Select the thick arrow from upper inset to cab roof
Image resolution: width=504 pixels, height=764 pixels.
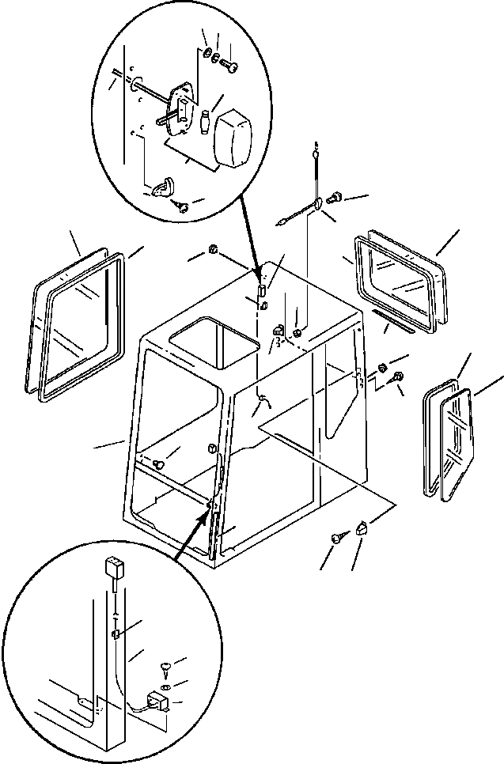pyautogui.click(x=247, y=236)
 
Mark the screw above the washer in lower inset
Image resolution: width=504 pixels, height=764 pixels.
pyautogui.click(x=165, y=669)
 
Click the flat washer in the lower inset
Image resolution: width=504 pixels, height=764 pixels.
pyautogui.click(x=165, y=685)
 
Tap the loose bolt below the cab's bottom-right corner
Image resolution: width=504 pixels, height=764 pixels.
pyautogui.click(x=337, y=539)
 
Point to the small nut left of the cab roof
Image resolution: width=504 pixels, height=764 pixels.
pyautogui.click(x=213, y=252)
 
